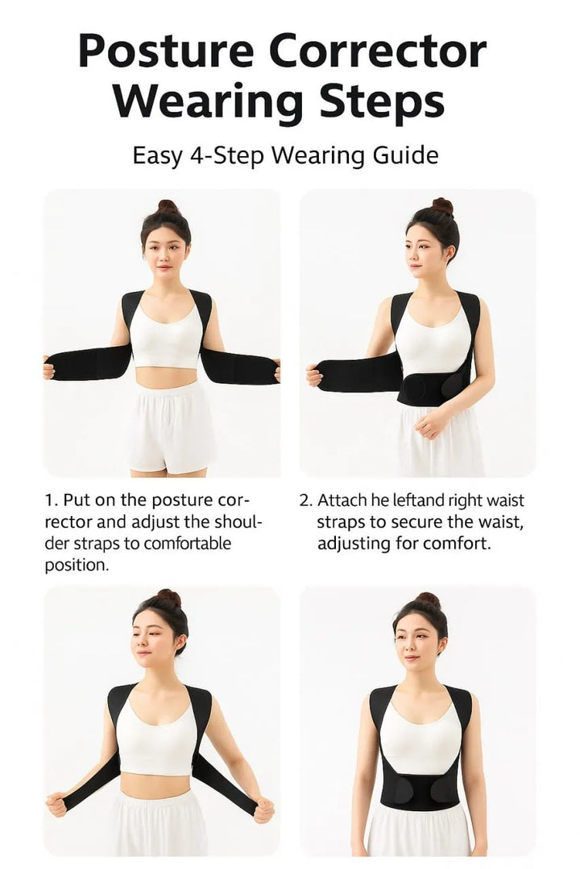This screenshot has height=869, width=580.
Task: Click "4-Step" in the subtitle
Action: point(226,154)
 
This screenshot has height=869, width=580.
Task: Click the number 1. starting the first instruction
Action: point(51,500)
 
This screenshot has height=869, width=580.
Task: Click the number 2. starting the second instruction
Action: point(306,500)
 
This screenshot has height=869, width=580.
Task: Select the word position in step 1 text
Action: point(77,565)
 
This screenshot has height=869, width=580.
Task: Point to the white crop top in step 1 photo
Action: point(167,338)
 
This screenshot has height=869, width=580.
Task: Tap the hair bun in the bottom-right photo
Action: point(428,600)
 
